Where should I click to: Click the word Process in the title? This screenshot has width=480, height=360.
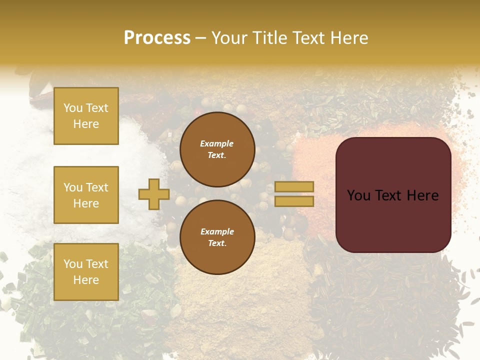(x=157, y=38)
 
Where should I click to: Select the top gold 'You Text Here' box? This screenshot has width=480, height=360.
(x=86, y=116)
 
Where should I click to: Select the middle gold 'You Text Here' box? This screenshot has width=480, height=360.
(x=86, y=195)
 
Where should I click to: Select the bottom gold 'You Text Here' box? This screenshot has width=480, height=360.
(x=86, y=271)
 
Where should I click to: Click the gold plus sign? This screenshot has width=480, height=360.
(x=153, y=194)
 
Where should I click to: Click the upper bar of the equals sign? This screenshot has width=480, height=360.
(x=294, y=187)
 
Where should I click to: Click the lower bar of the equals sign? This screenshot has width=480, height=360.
(x=294, y=201)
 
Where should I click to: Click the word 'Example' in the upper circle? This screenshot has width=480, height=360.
(x=217, y=143)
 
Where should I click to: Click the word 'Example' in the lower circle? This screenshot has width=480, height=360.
(x=217, y=231)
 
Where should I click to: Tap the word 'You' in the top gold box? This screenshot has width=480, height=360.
(x=73, y=108)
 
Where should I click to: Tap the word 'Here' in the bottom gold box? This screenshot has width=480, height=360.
(x=86, y=280)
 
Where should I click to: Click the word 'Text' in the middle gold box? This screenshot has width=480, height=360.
(x=96, y=187)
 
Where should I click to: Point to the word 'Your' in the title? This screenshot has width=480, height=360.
(x=230, y=38)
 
